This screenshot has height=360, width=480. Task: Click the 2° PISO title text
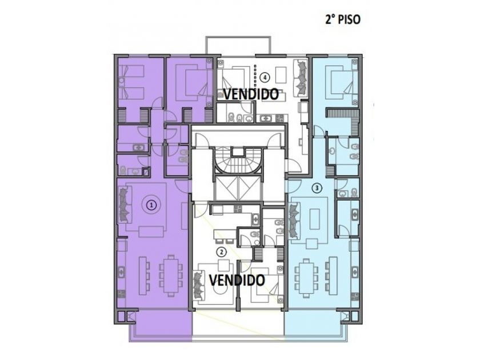(342, 19)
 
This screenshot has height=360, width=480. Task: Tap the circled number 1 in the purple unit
(151, 205)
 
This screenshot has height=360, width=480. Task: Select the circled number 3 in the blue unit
(317, 187)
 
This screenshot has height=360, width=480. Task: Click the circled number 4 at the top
(265, 78)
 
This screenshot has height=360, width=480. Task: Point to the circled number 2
(221, 252)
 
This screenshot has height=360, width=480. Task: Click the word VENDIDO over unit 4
(251, 94)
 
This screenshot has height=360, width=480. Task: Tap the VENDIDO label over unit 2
(237, 279)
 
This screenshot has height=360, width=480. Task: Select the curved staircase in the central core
(238, 161)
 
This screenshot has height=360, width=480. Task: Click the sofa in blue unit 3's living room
(294, 220)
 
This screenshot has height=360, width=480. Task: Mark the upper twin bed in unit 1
(131, 72)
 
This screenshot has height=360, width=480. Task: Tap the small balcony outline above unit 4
(238, 46)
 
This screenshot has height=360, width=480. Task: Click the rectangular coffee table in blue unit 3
(314, 218)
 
